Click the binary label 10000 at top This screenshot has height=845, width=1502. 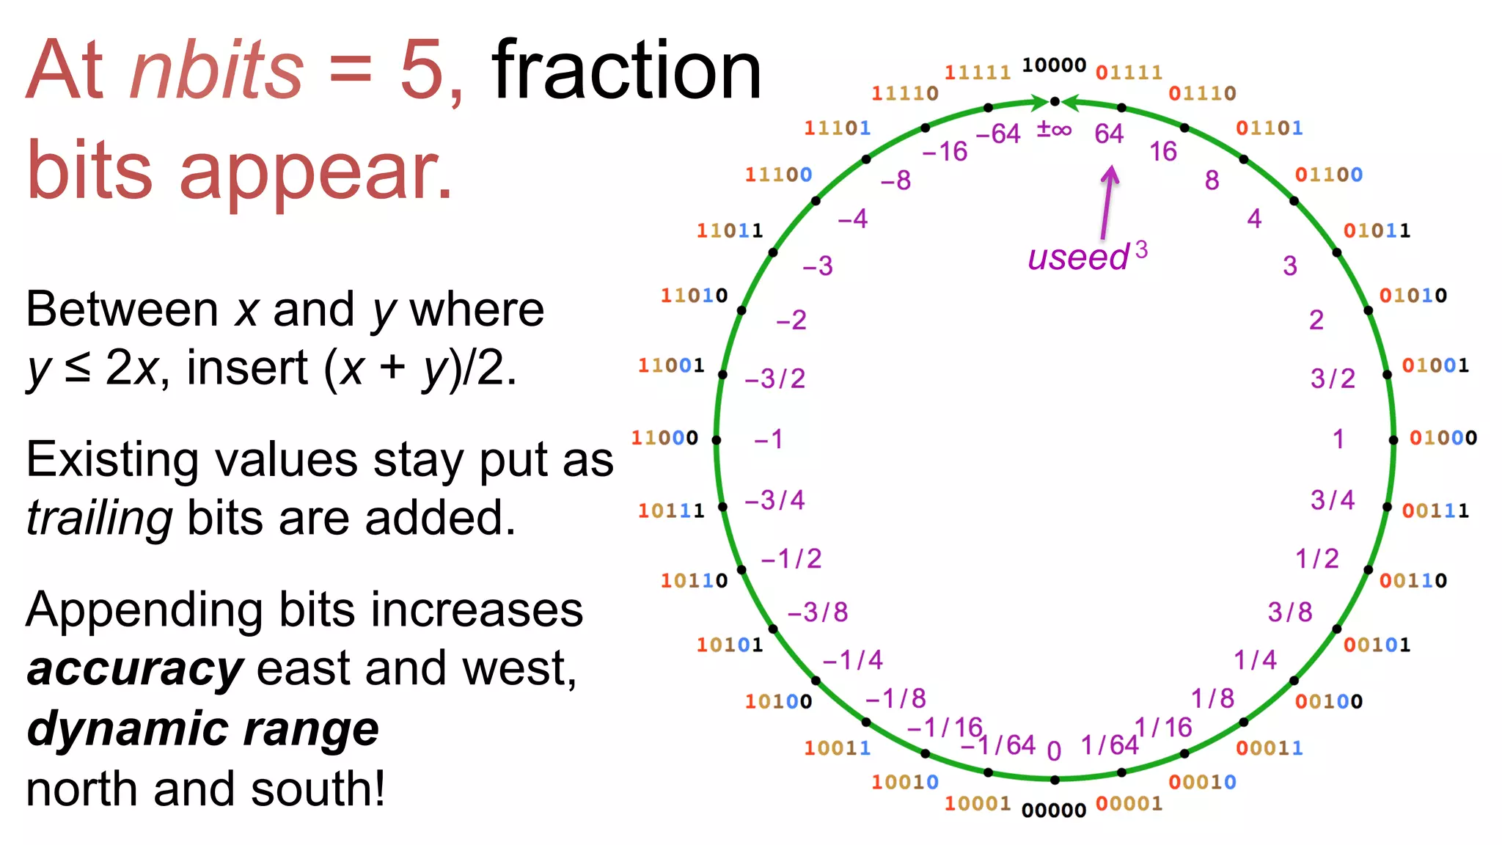[1054, 65]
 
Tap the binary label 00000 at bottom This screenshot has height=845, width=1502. [1054, 810]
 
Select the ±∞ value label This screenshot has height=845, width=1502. [1054, 130]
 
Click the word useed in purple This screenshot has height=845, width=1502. [1078, 257]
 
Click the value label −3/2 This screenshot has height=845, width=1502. [774, 378]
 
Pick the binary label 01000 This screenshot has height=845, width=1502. [1443, 438]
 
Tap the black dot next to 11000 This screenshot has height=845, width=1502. [717, 440]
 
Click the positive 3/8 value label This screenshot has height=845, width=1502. [1290, 612]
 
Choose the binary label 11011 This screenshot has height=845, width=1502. [730, 230]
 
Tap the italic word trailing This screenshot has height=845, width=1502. [99, 518]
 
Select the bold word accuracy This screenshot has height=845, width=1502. [135, 669]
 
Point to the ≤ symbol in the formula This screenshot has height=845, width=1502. [78, 367]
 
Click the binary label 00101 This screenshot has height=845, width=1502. [1377, 645]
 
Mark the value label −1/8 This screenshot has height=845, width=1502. [895, 698]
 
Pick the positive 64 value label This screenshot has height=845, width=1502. [1108, 133]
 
